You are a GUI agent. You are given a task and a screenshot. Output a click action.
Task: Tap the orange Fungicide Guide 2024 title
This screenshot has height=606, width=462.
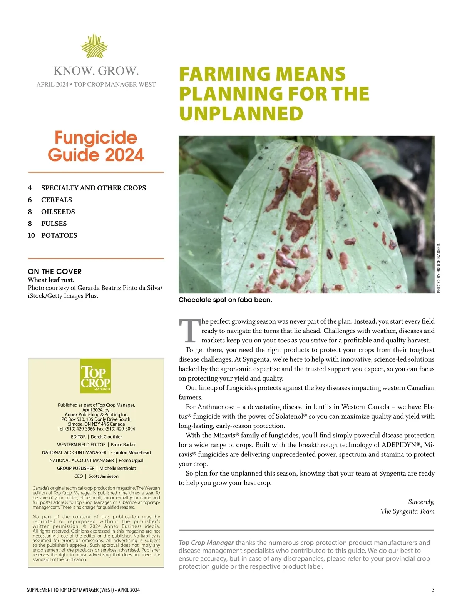coord(95,146)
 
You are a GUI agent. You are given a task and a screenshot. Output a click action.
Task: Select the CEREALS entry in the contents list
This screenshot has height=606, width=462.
coord(57,200)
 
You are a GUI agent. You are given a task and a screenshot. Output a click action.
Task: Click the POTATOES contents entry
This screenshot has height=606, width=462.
coord(59,235)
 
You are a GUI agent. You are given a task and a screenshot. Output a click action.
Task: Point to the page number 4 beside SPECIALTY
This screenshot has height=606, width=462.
coord(30,188)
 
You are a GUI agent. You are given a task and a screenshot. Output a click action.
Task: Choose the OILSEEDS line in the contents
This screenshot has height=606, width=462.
coord(58,212)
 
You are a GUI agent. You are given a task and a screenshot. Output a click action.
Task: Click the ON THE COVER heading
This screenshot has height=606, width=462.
coord(55,272)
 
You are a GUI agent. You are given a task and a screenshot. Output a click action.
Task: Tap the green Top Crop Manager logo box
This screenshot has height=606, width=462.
coord(95,376)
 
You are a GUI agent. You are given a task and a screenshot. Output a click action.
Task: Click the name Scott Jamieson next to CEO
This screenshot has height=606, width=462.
coord(104,476)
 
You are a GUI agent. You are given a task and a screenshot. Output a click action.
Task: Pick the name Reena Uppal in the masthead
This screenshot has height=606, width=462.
coord(131,461)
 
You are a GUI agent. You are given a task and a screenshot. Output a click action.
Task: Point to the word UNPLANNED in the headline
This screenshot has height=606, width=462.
coord(241,114)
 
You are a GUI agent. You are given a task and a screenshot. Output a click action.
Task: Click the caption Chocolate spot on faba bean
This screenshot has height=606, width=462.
coord(225,300)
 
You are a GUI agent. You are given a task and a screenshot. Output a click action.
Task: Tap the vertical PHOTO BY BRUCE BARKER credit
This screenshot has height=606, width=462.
coord(439,268)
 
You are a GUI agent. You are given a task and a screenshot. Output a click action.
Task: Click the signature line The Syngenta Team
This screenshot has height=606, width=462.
coord(407,511)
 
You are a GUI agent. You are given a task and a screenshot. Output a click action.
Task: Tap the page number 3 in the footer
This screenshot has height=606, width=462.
coord(433,590)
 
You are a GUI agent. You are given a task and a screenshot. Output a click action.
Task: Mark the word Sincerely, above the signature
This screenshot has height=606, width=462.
coord(421,502)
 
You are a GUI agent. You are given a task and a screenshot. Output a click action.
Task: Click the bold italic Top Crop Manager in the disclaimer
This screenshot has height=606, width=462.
coord(206,543)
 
